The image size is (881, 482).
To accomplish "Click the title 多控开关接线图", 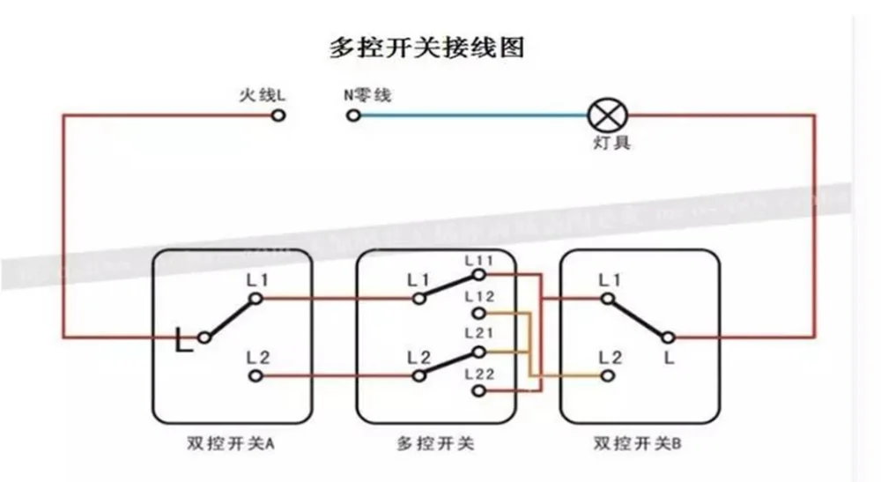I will (x=426, y=47).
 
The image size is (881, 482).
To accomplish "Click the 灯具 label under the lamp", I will (x=610, y=143).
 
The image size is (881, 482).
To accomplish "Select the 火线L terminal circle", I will (x=278, y=115).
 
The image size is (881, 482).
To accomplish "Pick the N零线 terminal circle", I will (x=354, y=115).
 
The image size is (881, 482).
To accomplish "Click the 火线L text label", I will (x=262, y=93).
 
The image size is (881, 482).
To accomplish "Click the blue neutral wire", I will (x=476, y=115).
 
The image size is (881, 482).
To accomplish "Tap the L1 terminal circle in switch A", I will (x=255, y=299).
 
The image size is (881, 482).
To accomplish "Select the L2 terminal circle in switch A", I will (x=255, y=376).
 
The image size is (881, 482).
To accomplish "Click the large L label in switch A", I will (x=184, y=340).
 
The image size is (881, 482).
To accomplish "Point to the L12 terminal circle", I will (x=478, y=313).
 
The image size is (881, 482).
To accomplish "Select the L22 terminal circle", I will (x=478, y=389).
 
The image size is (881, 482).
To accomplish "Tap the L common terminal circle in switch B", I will (x=668, y=337).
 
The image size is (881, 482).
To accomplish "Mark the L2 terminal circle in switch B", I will (x=606, y=376).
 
